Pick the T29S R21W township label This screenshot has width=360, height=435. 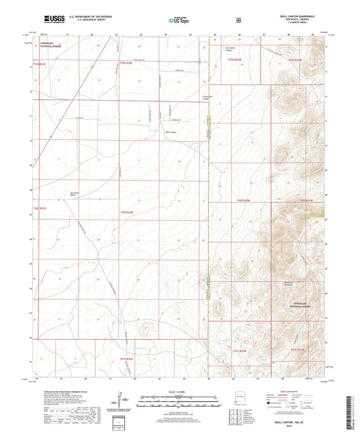point(297,60)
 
